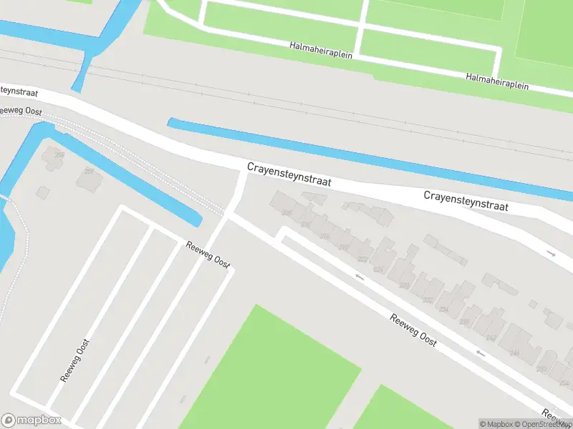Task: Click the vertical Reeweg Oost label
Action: point(74,360)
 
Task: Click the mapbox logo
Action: point(32,420)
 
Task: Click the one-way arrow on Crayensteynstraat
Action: point(551,253)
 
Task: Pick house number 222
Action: point(363,260)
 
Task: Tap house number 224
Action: point(379,270)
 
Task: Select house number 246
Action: point(514,353)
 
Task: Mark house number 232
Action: point(428,300)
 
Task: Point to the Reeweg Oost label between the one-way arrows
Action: point(413,329)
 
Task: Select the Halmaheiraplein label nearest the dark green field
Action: point(497,80)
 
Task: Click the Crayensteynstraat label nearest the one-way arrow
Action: point(466,200)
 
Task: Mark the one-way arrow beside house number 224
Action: point(360,276)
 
